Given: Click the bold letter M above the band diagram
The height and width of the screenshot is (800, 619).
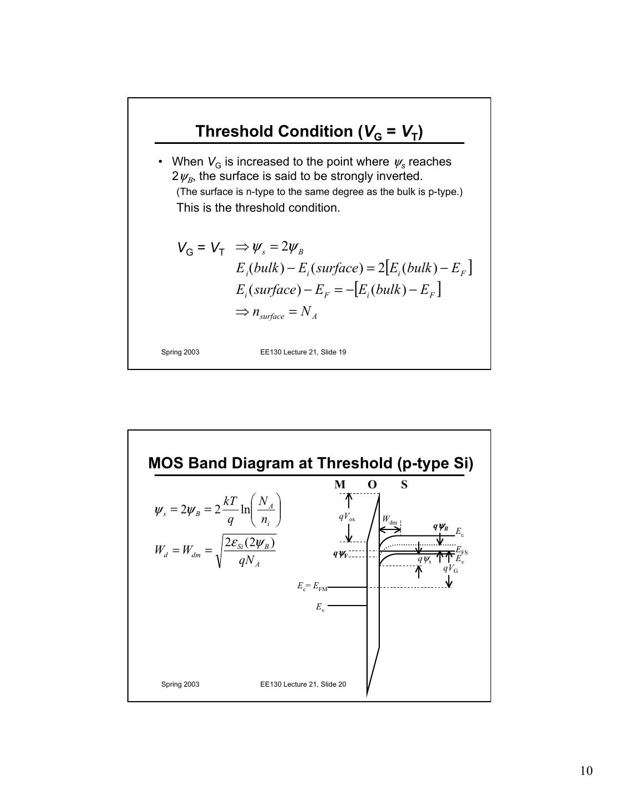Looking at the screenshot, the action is (340, 484).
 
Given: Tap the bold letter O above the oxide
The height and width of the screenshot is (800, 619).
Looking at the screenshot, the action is (372, 484).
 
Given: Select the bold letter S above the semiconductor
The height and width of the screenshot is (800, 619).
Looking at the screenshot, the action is (404, 484).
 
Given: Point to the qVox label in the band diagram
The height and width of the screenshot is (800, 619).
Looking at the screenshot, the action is (346, 517).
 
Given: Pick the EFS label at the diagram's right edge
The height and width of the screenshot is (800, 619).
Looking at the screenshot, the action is (462, 551).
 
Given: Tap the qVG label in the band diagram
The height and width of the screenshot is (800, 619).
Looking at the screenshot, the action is (450, 568).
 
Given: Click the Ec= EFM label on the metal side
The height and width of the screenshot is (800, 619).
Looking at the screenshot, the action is (312, 586).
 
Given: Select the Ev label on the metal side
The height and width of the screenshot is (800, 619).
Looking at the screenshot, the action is (320, 607).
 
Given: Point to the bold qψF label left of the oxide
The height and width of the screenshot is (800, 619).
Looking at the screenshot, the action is (340, 553).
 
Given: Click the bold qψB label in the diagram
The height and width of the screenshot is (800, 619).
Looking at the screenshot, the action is (440, 527).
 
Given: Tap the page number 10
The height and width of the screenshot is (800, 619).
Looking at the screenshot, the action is (586, 771).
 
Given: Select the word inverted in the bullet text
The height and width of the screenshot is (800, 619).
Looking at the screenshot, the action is (400, 176).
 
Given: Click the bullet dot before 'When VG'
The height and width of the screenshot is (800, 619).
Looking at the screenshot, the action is (160, 162).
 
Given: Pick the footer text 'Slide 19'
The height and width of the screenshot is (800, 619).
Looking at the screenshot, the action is (333, 352).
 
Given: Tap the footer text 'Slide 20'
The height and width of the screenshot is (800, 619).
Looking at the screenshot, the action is (333, 684).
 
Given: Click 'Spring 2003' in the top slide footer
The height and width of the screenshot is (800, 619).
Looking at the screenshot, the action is (180, 352).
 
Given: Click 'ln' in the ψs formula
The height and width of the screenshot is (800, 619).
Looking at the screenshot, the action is (245, 509).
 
